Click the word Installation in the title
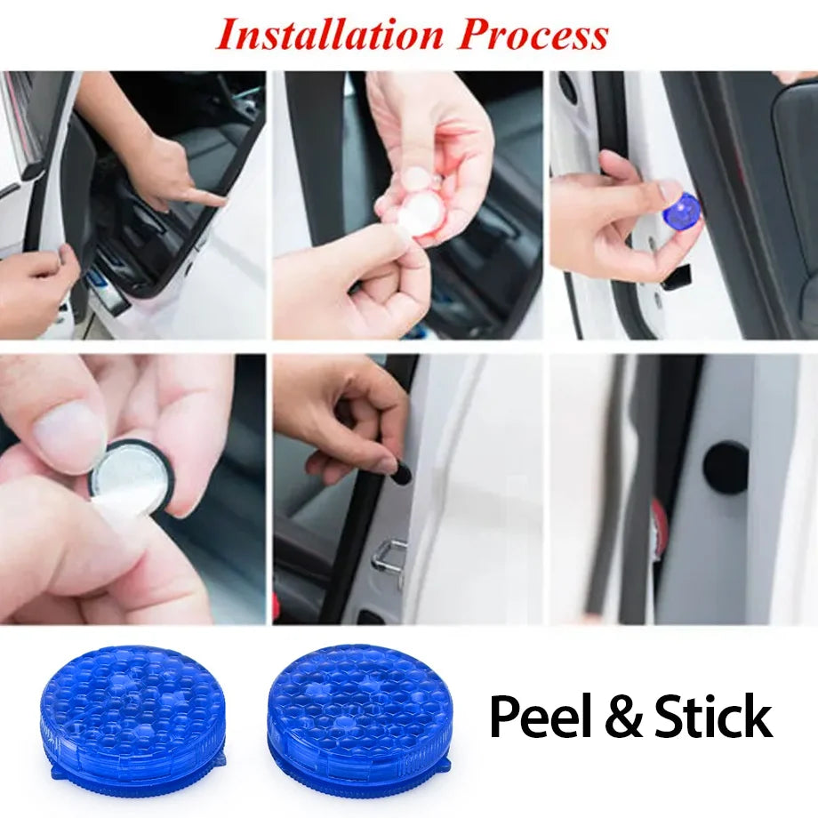tap(330, 35)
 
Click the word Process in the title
tap(533, 35)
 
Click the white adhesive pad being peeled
tap(413, 215)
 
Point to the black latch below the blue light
tap(678, 278)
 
